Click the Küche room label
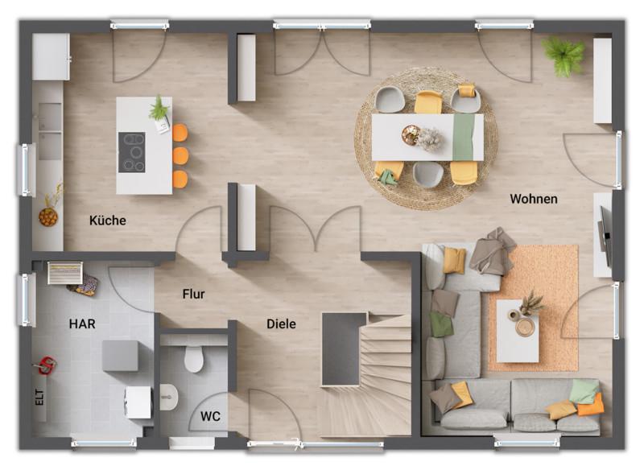[x=108, y=221]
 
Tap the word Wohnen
[x=534, y=199]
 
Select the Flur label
[x=193, y=294]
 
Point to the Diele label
[x=281, y=324]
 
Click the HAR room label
[x=82, y=324]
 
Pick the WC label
[x=210, y=416]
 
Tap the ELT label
[x=39, y=398]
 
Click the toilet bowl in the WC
[x=193, y=359]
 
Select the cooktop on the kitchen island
[x=132, y=152]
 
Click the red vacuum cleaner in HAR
[x=46, y=365]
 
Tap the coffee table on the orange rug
[x=518, y=331]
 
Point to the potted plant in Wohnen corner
[x=564, y=56]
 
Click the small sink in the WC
[x=168, y=397]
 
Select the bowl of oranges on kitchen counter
[x=48, y=217]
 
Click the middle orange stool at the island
[x=180, y=156]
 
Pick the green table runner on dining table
[x=464, y=137]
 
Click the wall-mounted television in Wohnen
[x=605, y=237]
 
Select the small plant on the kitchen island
[x=159, y=109]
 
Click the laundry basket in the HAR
[x=65, y=273]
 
